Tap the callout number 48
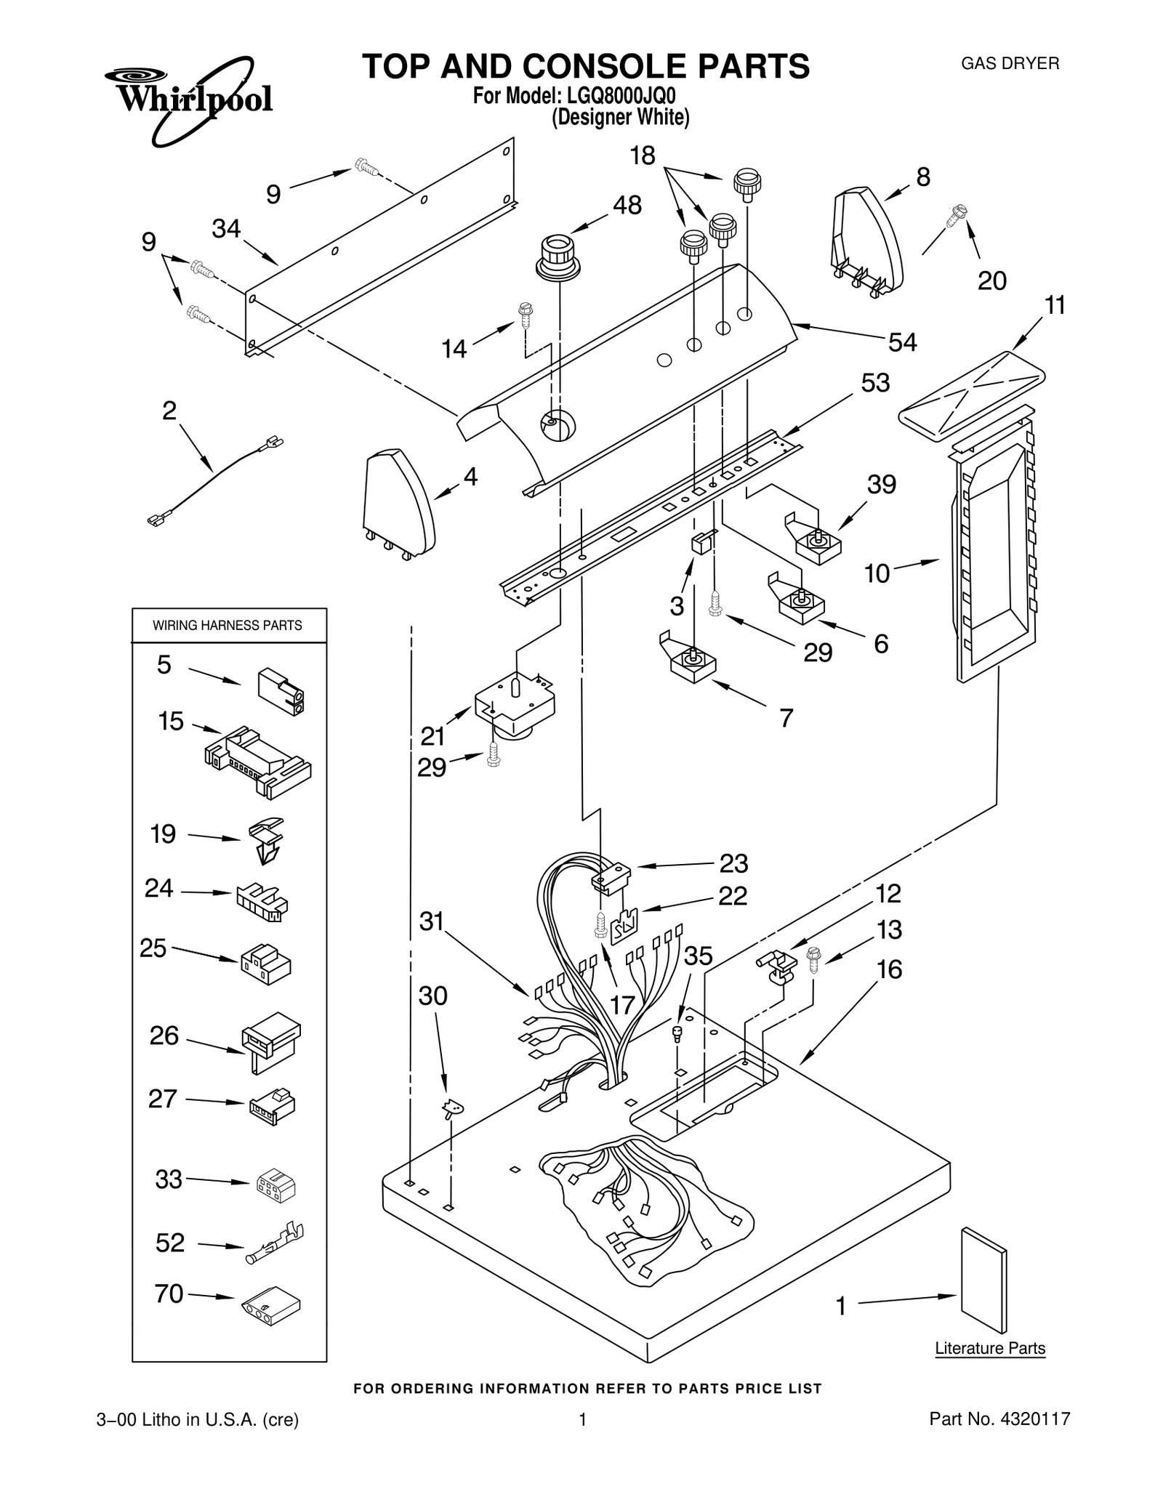click(x=627, y=206)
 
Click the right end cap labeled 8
click(x=867, y=240)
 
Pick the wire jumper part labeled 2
click(x=215, y=480)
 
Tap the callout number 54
click(x=902, y=342)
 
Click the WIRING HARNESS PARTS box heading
click(x=228, y=625)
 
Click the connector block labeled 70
click(x=270, y=1306)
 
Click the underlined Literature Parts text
click(x=989, y=1348)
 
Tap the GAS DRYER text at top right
click(x=1010, y=63)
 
